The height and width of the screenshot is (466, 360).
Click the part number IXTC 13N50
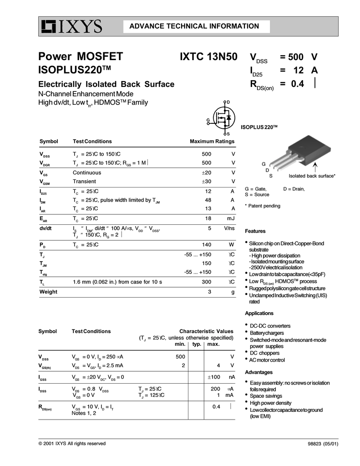(208, 57)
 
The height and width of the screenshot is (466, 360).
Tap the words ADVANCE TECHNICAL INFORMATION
(194, 26)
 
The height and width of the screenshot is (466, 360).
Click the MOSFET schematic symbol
(223, 118)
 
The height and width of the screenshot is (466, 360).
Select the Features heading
(255, 231)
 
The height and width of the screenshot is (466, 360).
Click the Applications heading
(259, 313)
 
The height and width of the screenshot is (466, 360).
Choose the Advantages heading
(258, 372)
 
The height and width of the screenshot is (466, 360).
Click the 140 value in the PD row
(207, 244)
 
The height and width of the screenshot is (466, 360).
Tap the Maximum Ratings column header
(212, 142)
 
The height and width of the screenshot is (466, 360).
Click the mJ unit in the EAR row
(230, 218)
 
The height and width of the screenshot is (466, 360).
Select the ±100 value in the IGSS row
(214, 377)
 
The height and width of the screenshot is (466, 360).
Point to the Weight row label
(48, 292)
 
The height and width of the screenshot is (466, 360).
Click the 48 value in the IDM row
(208, 200)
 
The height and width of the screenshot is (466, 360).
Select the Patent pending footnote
(263, 206)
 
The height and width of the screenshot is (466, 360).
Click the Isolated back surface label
(312, 176)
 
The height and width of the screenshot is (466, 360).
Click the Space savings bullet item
(267, 396)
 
